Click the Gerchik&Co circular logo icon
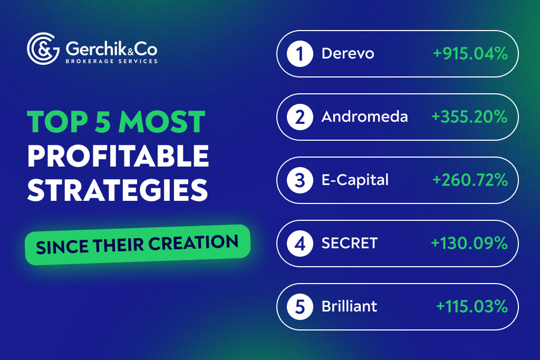click(x=43, y=48)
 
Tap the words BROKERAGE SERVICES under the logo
click(x=111, y=61)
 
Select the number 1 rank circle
click(x=300, y=54)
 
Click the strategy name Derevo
click(x=348, y=54)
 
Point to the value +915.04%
click(x=470, y=54)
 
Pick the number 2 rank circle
click(x=300, y=117)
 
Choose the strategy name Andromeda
click(x=364, y=117)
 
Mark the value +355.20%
click(x=469, y=117)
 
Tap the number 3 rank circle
click(x=300, y=180)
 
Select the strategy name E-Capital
click(x=355, y=180)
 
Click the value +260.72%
click(x=470, y=180)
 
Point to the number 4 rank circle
click(x=300, y=243)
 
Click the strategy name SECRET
click(x=350, y=243)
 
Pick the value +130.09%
click(x=469, y=243)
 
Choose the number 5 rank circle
click(x=300, y=306)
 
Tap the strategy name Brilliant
click(x=349, y=306)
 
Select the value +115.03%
click(x=472, y=306)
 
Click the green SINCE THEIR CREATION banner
click(x=137, y=244)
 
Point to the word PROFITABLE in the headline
click(x=118, y=157)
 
